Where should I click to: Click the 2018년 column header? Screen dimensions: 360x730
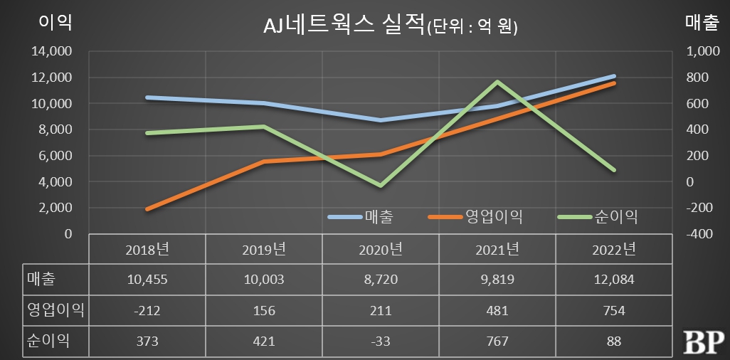147,250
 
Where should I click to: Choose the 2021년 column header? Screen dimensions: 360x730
497,250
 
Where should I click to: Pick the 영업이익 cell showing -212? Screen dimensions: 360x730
147,310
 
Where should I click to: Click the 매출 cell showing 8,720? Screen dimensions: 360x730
381,280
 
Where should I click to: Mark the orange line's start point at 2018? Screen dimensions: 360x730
147,209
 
